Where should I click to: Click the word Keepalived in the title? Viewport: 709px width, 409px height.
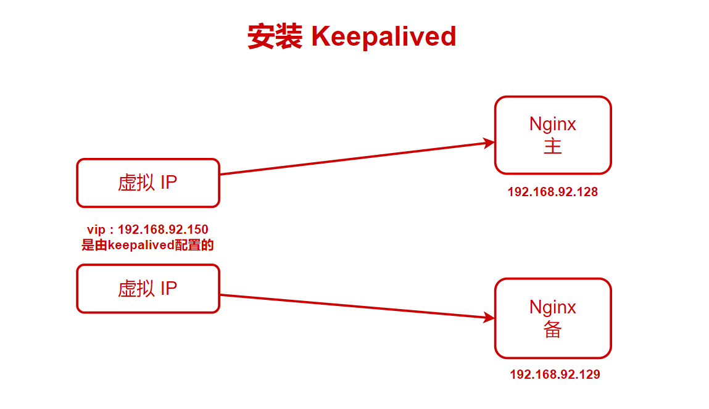pyautogui.click(x=383, y=37)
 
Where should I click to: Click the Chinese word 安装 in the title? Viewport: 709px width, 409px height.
pyautogui.click(x=275, y=37)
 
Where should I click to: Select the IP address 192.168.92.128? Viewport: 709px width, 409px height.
pyautogui.click(x=552, y=192)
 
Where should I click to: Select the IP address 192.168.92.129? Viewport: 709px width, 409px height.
pyautogui.click(x=555, y=374)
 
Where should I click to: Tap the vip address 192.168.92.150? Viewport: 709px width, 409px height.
pyautogui.click(x=163, y=230)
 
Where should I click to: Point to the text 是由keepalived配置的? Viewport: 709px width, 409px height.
pyautogui.click(x=147, y=245)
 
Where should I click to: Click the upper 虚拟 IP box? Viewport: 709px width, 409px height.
pyautogui.click(x=148, y=183)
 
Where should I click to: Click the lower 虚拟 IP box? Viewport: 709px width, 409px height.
pyautogui.click(x=148, y=289)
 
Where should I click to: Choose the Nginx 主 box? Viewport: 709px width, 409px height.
pyautogui.click(x=553, y=135)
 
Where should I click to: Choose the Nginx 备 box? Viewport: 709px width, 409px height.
pyautogui.click(x=553, y=318)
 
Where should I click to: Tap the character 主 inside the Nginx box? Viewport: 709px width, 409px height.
pyautogui.click(x=553, y=147)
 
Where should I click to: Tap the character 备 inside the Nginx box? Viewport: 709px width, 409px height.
pyautogui.click(x=553, y=330)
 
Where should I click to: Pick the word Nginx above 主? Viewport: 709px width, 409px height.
pyautogui.click(x=553, y=124)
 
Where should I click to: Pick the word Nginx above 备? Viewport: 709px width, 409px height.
pyautogui.click(x=553, y=307)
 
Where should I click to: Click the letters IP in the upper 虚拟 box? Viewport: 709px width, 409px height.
pyautogui.click(x=168, y=183)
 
